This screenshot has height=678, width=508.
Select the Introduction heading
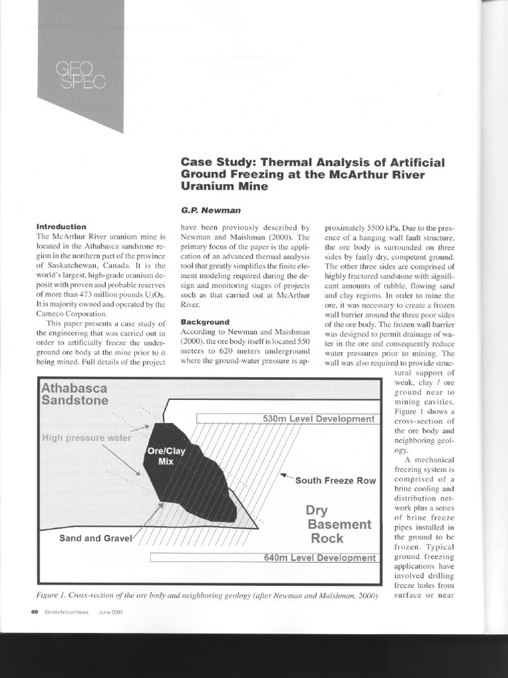click(x=61, y=226)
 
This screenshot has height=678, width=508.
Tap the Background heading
click(x=205, y=322)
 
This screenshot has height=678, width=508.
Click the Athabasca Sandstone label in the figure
click(x=75, y=394)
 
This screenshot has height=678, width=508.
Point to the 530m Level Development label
click(x=318, y=418)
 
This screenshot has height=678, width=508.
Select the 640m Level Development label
click(x=319, y=557)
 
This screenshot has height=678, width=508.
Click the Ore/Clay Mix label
click(x=163, y=456)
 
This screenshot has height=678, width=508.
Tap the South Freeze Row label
click(x=335, y=480)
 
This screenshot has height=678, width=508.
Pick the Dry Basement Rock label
click(x=338, y=524)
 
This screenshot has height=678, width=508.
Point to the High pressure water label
click(x=87, y=438)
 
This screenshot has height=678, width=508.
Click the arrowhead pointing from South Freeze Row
click(x=283, y=475)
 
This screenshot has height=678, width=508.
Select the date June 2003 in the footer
click(x=110, y=612)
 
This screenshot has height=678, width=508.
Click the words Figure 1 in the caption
click(x=56, y=596)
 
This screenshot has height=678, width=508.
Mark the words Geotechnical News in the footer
click(x=69, y=612)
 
